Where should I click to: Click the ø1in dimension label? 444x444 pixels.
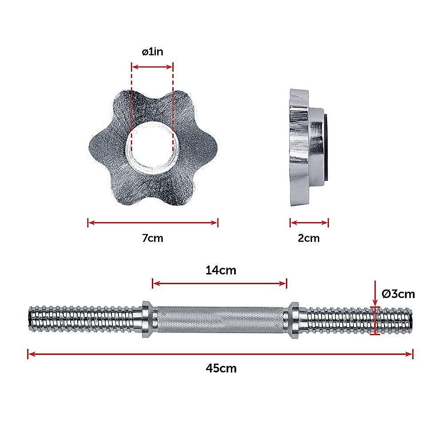click(x=152, y=52)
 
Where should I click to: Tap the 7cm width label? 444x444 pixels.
click(x=152, y=238)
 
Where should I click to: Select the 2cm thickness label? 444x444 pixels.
click(x=309, y=238)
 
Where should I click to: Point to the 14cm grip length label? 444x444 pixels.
click(x=220, y=270)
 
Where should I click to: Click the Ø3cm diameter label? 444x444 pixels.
click(x=398, y=294)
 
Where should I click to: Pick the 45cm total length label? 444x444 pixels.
click(x=221, y=368)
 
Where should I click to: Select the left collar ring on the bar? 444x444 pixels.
click(x=147, y=319)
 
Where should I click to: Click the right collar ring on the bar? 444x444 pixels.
click(x=293, y=319)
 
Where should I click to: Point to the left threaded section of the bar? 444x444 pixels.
click(x=84, y=319)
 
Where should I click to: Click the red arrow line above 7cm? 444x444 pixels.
click(x=152, y=223)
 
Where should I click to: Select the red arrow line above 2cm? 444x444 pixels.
click(x=309, y=223)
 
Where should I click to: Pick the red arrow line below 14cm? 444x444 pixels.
click(x=219, y=283)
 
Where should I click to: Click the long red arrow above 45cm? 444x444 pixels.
click(x=220, y=354)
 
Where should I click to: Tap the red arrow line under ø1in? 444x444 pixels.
click(x=152, y=67)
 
